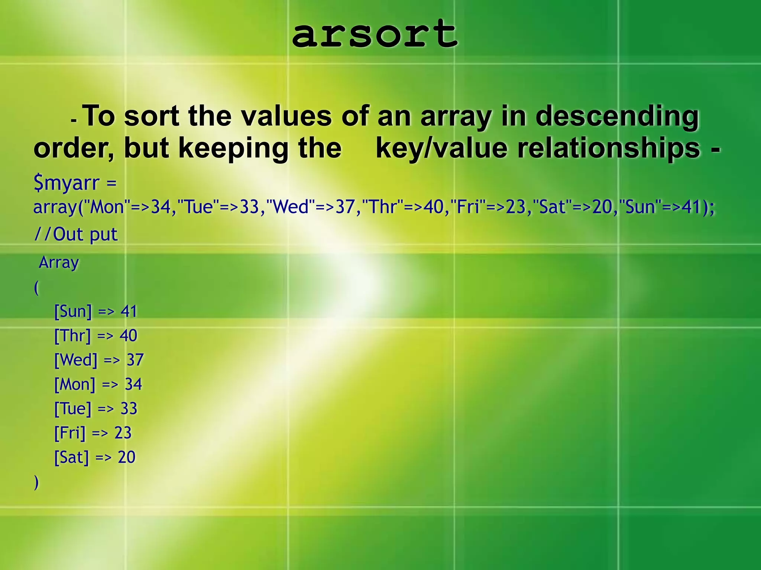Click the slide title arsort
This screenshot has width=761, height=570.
(375, 34)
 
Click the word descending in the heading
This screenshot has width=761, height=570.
(617, 117)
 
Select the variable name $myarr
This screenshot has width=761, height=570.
(67, 183)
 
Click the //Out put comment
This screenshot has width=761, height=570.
(76, 234)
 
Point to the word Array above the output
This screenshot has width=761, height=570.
(59, 263)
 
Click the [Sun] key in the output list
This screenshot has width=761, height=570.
(73, 311)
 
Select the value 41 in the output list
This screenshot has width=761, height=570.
(129, 311)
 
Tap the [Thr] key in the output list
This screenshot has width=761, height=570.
(72, 335)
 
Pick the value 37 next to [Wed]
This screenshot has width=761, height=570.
(135, 360)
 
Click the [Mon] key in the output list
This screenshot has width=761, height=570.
(75, 384)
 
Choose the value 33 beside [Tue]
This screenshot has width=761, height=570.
(129, 409)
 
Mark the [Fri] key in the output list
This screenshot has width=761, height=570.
(70, 433)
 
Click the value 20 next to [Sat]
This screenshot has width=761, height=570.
(127, 457)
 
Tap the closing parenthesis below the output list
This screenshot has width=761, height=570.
(36, 482)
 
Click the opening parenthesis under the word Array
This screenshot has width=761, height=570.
(36, 288)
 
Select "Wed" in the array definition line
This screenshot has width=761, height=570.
(291, 207)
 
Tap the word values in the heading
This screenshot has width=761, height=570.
(286, 117)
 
